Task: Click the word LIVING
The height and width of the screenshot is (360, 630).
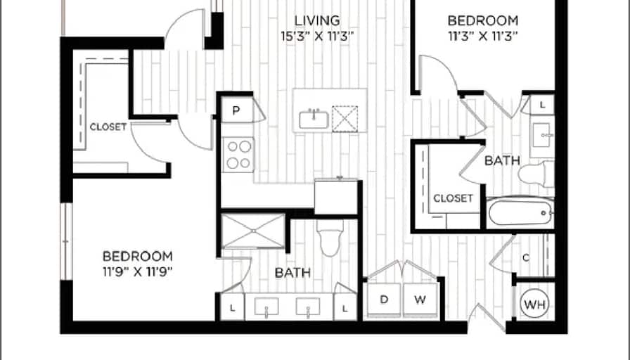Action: [x=317, y=20]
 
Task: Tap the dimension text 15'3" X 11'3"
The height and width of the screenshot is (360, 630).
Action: [x=317, y=37]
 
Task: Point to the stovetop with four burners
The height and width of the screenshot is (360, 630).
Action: [x=238, y=155]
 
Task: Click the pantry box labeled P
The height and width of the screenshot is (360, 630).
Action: [x=237, y=110]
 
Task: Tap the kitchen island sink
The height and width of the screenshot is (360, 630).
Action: [x=314, y=120]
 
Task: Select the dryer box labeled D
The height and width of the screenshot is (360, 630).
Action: [x=384, y=300]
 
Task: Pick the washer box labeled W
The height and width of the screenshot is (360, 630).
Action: [x=420, y=300]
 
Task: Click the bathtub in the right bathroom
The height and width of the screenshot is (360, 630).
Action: [x=521, y=213]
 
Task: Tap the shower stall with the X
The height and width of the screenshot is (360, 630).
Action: [x=253, y=231]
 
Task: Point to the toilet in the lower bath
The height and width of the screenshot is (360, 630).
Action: [x=330, y=238]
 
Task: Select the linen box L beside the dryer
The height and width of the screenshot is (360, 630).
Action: [x=345, y=308]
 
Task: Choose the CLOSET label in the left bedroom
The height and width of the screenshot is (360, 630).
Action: [x=108, y=127]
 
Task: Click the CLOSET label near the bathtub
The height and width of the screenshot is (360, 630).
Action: [x=453, y=198]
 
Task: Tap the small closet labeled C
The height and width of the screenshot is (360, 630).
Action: [x=526, y=258]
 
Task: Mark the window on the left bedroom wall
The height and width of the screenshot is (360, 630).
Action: [x=66, y=241]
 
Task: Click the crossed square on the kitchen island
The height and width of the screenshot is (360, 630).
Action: [x=345, y=119]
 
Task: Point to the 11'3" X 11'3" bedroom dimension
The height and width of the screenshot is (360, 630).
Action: [x=482, y=37]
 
